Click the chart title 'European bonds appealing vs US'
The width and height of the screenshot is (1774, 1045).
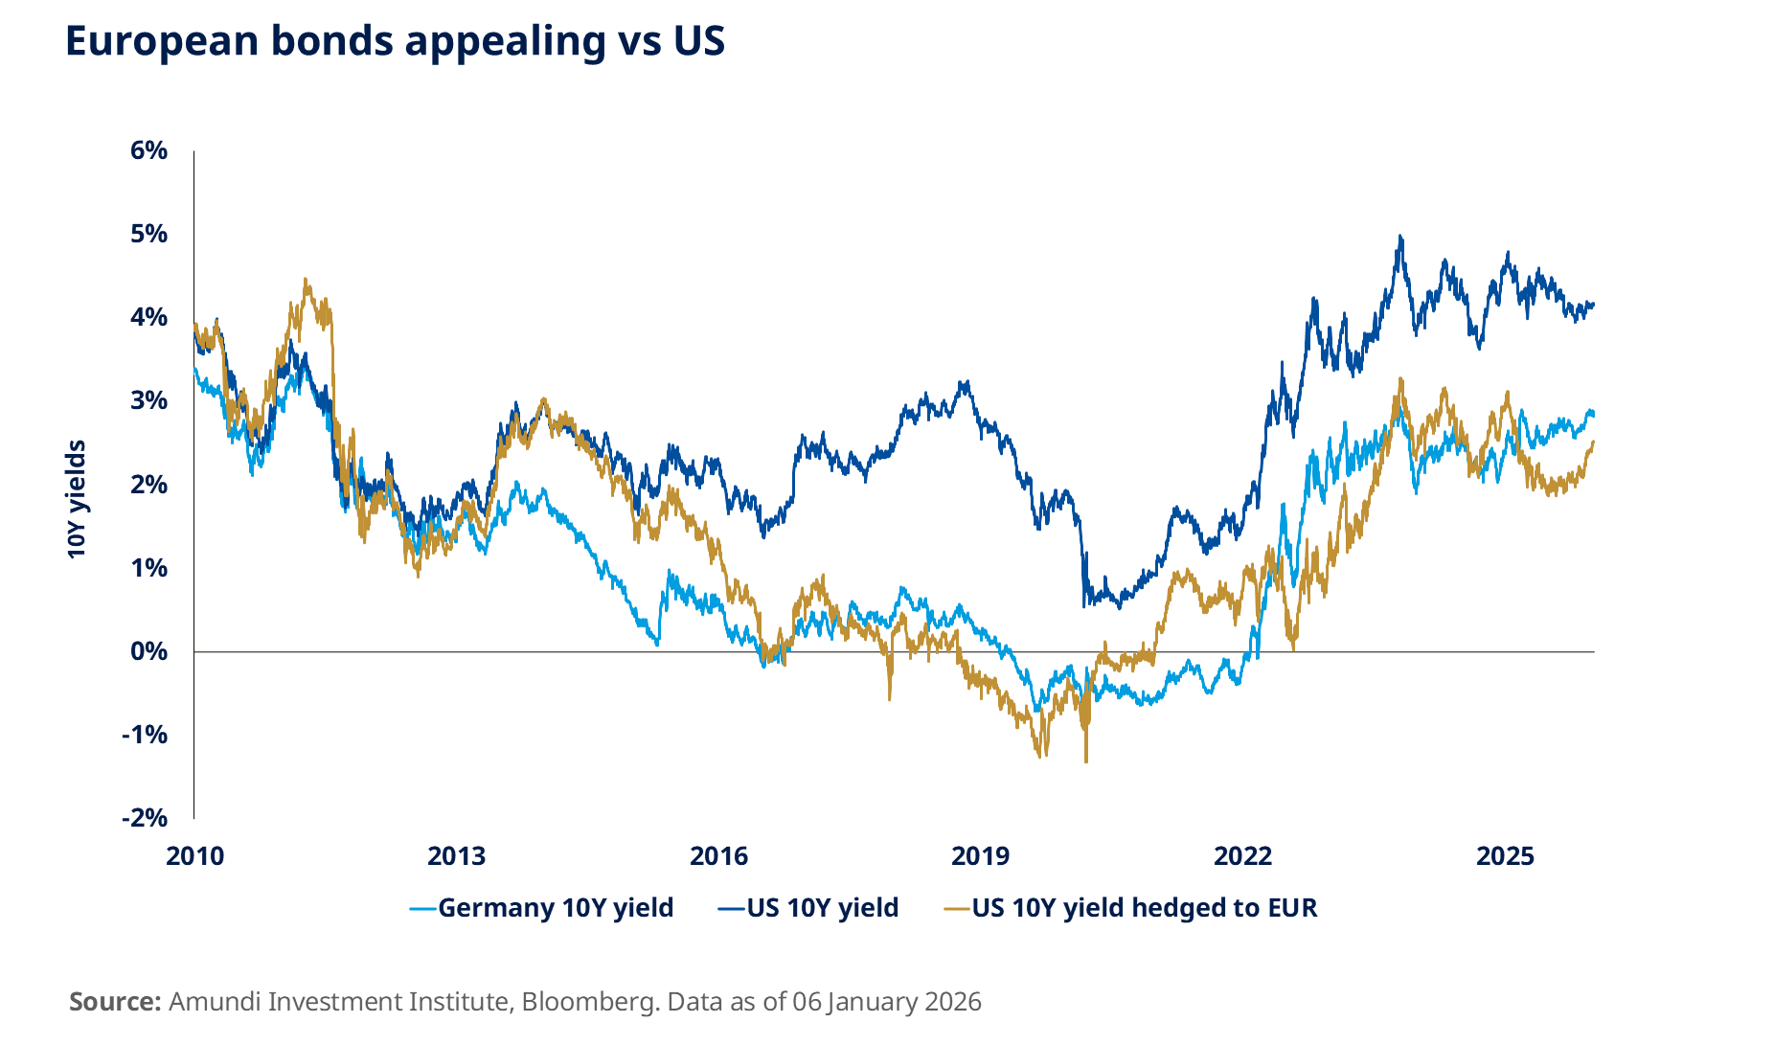[x=395, y=41]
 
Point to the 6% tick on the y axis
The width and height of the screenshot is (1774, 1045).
[x=149, y=150]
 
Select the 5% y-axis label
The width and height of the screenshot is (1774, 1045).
[x=149, y=234]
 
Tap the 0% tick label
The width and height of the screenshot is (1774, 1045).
[x=149, y=651]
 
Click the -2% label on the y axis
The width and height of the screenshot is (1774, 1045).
[x=145, y=818]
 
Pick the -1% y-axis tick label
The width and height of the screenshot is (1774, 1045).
[x=145, y=735]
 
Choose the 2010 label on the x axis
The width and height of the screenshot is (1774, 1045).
[x=194, y=855]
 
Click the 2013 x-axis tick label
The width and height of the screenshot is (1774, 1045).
[x=456, y=855]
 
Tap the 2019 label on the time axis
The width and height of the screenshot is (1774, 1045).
[x=980, y=855]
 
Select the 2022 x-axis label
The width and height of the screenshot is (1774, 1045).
[x=1242, y=855]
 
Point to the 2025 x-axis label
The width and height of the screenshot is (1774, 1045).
[x=1505, y=855]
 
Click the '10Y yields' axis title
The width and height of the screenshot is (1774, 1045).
[x=77, y=499]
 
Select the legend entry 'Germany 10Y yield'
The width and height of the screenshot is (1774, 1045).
[x=556, y=907]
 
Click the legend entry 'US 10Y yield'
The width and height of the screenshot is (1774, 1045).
[x=822, y=907]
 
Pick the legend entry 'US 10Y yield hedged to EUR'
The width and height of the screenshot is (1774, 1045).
[x=1144, y=907]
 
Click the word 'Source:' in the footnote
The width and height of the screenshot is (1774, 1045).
[x=115, y=1002]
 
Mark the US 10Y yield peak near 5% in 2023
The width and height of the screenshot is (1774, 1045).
[x=1400, y=237]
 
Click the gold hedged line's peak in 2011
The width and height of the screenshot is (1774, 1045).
[x=306, y=280]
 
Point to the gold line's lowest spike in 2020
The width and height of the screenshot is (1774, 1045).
[x=1085, y=761]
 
